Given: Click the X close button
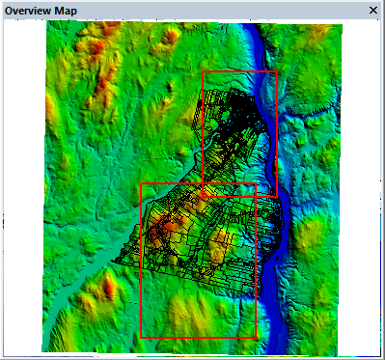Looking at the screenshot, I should tap(373, 10).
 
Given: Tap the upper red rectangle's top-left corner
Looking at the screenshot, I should tap(204, 71).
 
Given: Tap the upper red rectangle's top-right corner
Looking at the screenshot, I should tap(277, 71).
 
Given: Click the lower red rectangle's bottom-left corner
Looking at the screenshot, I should tap(142, 338).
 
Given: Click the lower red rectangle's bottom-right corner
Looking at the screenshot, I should tap(256, 338).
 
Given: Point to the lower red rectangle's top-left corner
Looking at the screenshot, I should tap(142, 183).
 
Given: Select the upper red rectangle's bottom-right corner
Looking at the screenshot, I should tap(277, 197).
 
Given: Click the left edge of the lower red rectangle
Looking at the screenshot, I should tap(142, 261).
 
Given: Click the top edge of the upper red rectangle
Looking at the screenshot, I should tap(240, 71).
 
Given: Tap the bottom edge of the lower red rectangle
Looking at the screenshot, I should tap(199, 338).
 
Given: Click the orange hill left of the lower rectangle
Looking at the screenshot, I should tap(109, 286).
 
